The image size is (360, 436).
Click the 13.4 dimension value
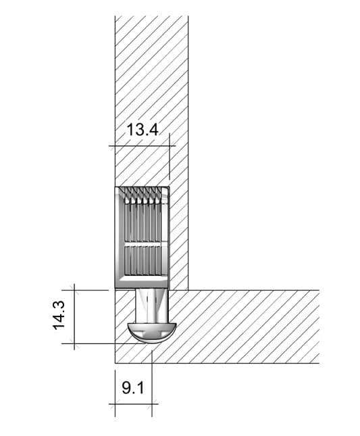(143, 129)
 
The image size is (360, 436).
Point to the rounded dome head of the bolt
(152, 332)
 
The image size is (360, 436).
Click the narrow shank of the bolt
(151, 305)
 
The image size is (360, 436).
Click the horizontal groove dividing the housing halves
(142, 245)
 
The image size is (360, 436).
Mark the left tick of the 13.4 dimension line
(115, 145)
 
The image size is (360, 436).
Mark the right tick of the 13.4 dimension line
(170, 145)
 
